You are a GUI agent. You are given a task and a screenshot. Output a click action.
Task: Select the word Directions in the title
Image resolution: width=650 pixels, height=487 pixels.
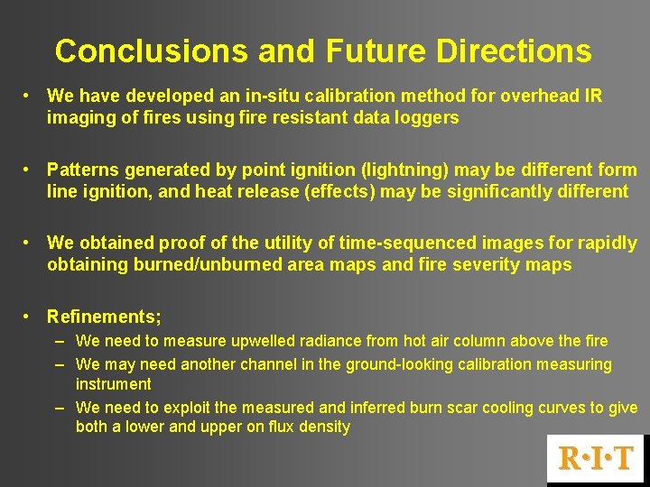[x=514, y=51]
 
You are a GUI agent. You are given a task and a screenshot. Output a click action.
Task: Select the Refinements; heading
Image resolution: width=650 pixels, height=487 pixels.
[x=104, y=317]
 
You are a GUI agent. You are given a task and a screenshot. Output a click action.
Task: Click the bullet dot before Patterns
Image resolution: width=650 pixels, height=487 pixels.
[x=30, y=170]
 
